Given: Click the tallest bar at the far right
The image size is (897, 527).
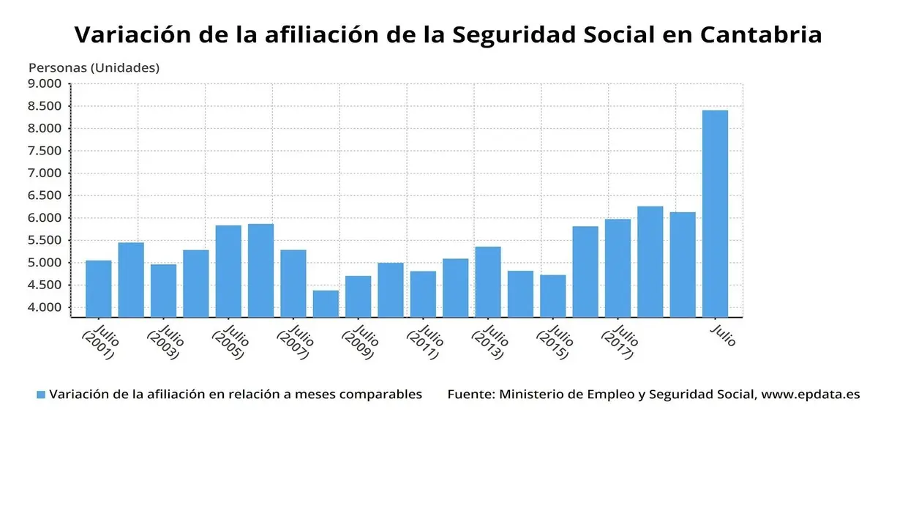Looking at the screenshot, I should [715, 213].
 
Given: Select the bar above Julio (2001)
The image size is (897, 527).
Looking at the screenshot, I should [98, 288].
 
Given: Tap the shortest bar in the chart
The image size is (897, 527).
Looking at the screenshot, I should [326, 303].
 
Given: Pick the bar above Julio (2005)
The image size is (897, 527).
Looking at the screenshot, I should [228, 271].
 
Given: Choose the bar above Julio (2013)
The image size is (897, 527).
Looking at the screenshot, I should [487, 281].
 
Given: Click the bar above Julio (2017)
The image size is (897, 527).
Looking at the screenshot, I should [618, 268].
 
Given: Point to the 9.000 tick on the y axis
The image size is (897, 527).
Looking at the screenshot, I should [45, 83].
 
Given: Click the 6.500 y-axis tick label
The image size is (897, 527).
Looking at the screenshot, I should [45, 195].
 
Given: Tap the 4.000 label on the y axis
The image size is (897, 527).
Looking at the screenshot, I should [45, 307].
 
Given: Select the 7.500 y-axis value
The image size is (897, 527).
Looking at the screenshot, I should [45, 151].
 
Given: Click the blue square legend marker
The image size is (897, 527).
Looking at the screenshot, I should [41, 395].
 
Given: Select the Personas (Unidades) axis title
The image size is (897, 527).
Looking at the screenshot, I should [94, 67].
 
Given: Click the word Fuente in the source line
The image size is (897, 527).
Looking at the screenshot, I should [470, 395].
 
